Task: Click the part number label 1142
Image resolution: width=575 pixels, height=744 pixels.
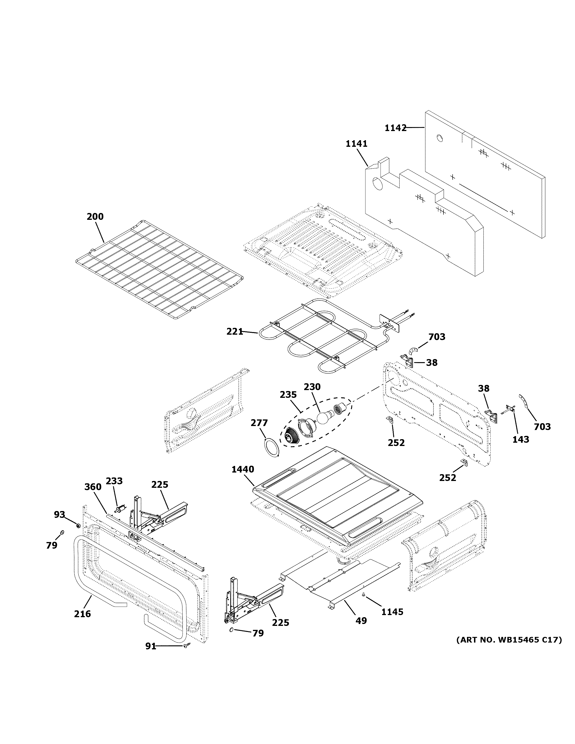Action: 396,128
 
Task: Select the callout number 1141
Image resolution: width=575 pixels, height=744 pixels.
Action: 356,144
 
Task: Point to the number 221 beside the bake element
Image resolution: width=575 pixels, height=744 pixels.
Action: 235,331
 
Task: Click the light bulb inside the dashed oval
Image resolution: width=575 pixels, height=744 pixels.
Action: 323,417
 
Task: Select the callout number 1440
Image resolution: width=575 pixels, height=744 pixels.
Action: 243,469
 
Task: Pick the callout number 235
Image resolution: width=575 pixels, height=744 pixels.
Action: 288,395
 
